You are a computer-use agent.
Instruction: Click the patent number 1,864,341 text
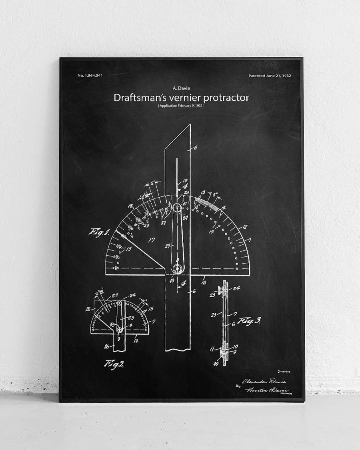90,75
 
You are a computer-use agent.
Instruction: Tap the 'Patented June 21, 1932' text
270,75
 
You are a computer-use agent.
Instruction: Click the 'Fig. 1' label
100,232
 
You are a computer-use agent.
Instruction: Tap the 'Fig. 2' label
114,364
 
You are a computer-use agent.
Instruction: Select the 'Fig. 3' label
248,320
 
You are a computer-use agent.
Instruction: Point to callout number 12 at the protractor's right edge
244,227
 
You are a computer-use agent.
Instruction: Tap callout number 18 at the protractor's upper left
130,206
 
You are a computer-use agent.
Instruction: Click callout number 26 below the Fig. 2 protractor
106,346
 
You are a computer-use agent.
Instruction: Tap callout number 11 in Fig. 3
212,349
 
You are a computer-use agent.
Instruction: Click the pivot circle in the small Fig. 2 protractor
119,329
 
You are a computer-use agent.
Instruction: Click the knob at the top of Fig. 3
220,287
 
